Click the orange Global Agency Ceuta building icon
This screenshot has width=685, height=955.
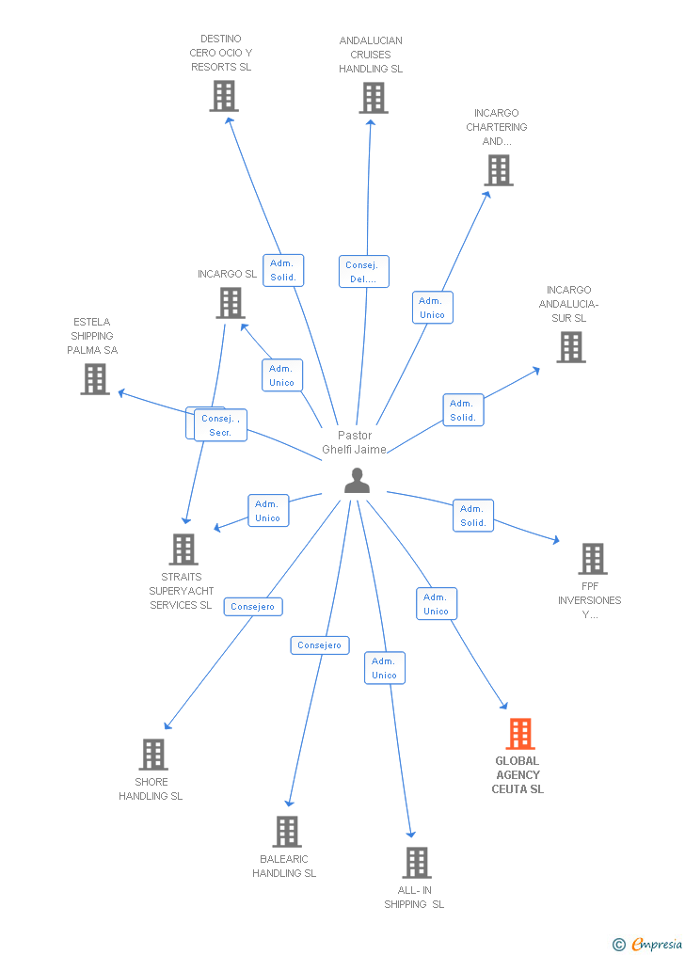tap(519, 734)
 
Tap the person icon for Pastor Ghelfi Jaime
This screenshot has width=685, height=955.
tap(357, 481)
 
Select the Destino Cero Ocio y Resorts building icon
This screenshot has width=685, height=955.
tap(224, 96)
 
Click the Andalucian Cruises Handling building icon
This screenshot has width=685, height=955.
tap(373, 98)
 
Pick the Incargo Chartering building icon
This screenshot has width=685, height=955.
tap(499, 170)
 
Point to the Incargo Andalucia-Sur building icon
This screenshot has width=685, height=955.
tap(570, 347)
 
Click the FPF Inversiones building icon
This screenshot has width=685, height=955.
tap(592, 559)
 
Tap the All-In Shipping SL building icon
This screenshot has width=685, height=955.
tap(416, 863)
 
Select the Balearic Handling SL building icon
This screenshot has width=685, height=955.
tap(287, 832)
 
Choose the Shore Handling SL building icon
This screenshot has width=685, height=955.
tap(153, 755)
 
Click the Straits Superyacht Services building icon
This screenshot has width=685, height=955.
tap(183, 549)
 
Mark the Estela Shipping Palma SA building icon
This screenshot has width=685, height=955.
tap(95, 379)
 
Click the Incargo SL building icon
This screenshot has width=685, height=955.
tap(231, 303)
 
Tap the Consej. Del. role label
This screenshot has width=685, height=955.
tap(363, 272)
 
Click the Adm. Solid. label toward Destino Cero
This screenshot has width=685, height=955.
tap(283, 270)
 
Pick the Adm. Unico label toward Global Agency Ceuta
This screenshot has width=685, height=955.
tap(436, 604)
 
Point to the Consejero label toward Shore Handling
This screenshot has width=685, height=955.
tap(253, 607)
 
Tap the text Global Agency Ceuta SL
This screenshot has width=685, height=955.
tap(518, 775)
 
